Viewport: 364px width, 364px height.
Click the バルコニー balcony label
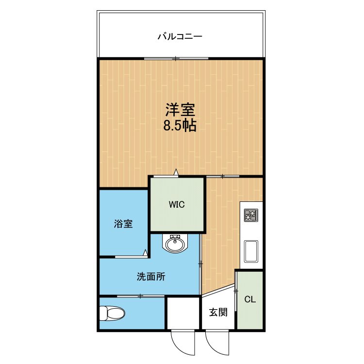[x=179, y=36]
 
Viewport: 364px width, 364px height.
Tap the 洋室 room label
[x=179, y=109]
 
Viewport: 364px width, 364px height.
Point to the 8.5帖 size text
[x=179, y=126]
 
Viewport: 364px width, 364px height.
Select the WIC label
[x=177, y=204]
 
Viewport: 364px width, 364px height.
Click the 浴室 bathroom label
[x=123, y=224]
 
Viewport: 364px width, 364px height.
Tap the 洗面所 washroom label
[x=150, y=277]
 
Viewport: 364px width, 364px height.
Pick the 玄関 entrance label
[x=218, y=312]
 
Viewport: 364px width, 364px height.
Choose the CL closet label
[x=250, y=299]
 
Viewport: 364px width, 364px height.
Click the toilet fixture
[x=111, y=314]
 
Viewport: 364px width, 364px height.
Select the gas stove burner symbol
[x=251, y=215]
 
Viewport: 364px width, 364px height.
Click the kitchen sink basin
[x=251, y=251]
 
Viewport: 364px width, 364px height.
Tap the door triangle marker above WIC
[x=176, y=172]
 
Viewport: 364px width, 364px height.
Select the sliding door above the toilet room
[x=140, y=296]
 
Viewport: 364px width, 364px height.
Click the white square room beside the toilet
[x=183, y=314]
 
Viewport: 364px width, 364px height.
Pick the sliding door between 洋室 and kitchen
[x=223, y=176]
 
